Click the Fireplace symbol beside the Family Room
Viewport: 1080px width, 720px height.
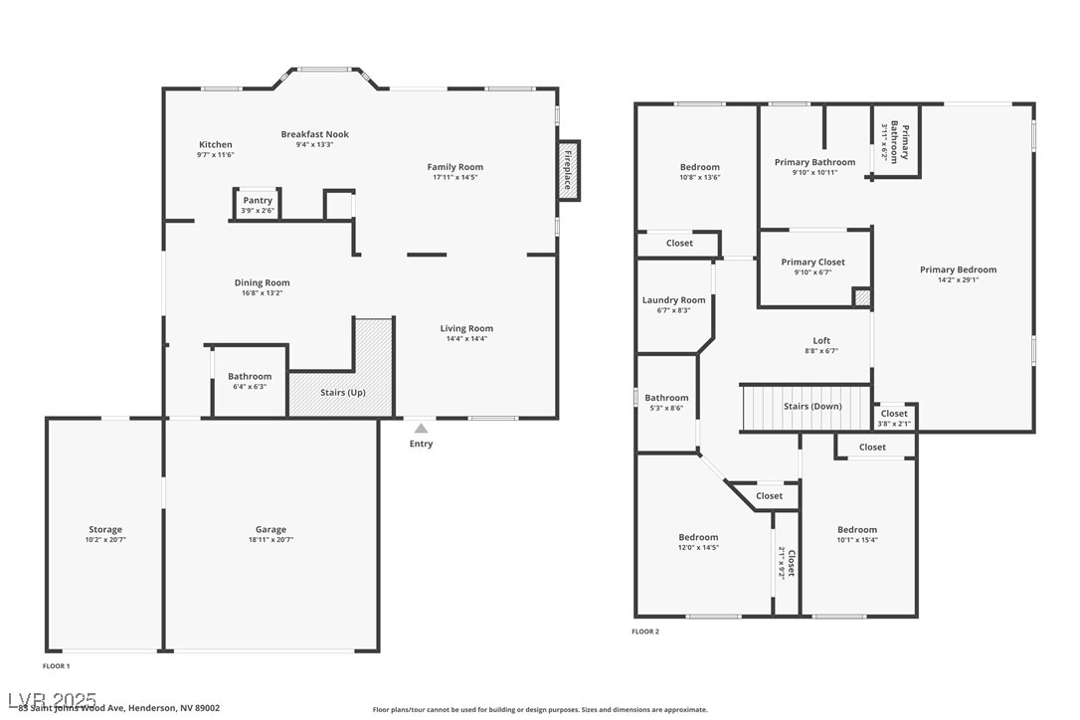[568, 171]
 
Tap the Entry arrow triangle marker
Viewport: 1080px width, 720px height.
[421, 429]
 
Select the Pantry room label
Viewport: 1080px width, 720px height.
[258, 201]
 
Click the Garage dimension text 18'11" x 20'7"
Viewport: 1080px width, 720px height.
[270, 540]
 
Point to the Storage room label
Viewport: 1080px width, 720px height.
[105, 530]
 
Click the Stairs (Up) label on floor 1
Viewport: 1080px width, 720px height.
[342, 393]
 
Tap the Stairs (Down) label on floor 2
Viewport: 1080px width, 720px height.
[812, 407]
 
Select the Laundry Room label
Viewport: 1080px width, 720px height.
[673, 300]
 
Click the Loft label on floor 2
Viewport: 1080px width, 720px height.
[820, 340]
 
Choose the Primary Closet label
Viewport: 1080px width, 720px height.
[812, 263]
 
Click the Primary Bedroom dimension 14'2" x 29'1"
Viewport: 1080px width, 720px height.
[958, 280]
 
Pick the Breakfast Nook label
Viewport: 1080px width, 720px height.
[314, 134]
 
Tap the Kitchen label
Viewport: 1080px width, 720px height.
[215, 145]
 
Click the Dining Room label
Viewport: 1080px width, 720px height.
[263, 283]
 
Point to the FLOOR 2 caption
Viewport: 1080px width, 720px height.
[645, 631]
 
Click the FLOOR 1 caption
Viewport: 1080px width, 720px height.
[57, 665]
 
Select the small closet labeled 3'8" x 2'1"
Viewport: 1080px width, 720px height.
[894, 418]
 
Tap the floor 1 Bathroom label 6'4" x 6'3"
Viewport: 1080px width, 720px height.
[250, 377]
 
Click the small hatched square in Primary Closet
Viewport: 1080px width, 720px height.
[863, 297]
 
